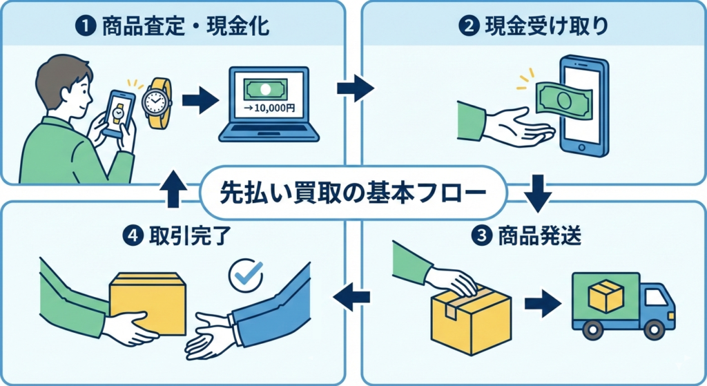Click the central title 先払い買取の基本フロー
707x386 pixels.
[x=353, y=192]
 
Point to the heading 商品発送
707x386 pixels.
[x=539, y=236]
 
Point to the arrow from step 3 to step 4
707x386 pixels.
[x=352, y=297]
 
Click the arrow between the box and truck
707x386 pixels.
[x=543, y=304]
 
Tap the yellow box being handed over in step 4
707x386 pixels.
[x=148, y=300]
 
